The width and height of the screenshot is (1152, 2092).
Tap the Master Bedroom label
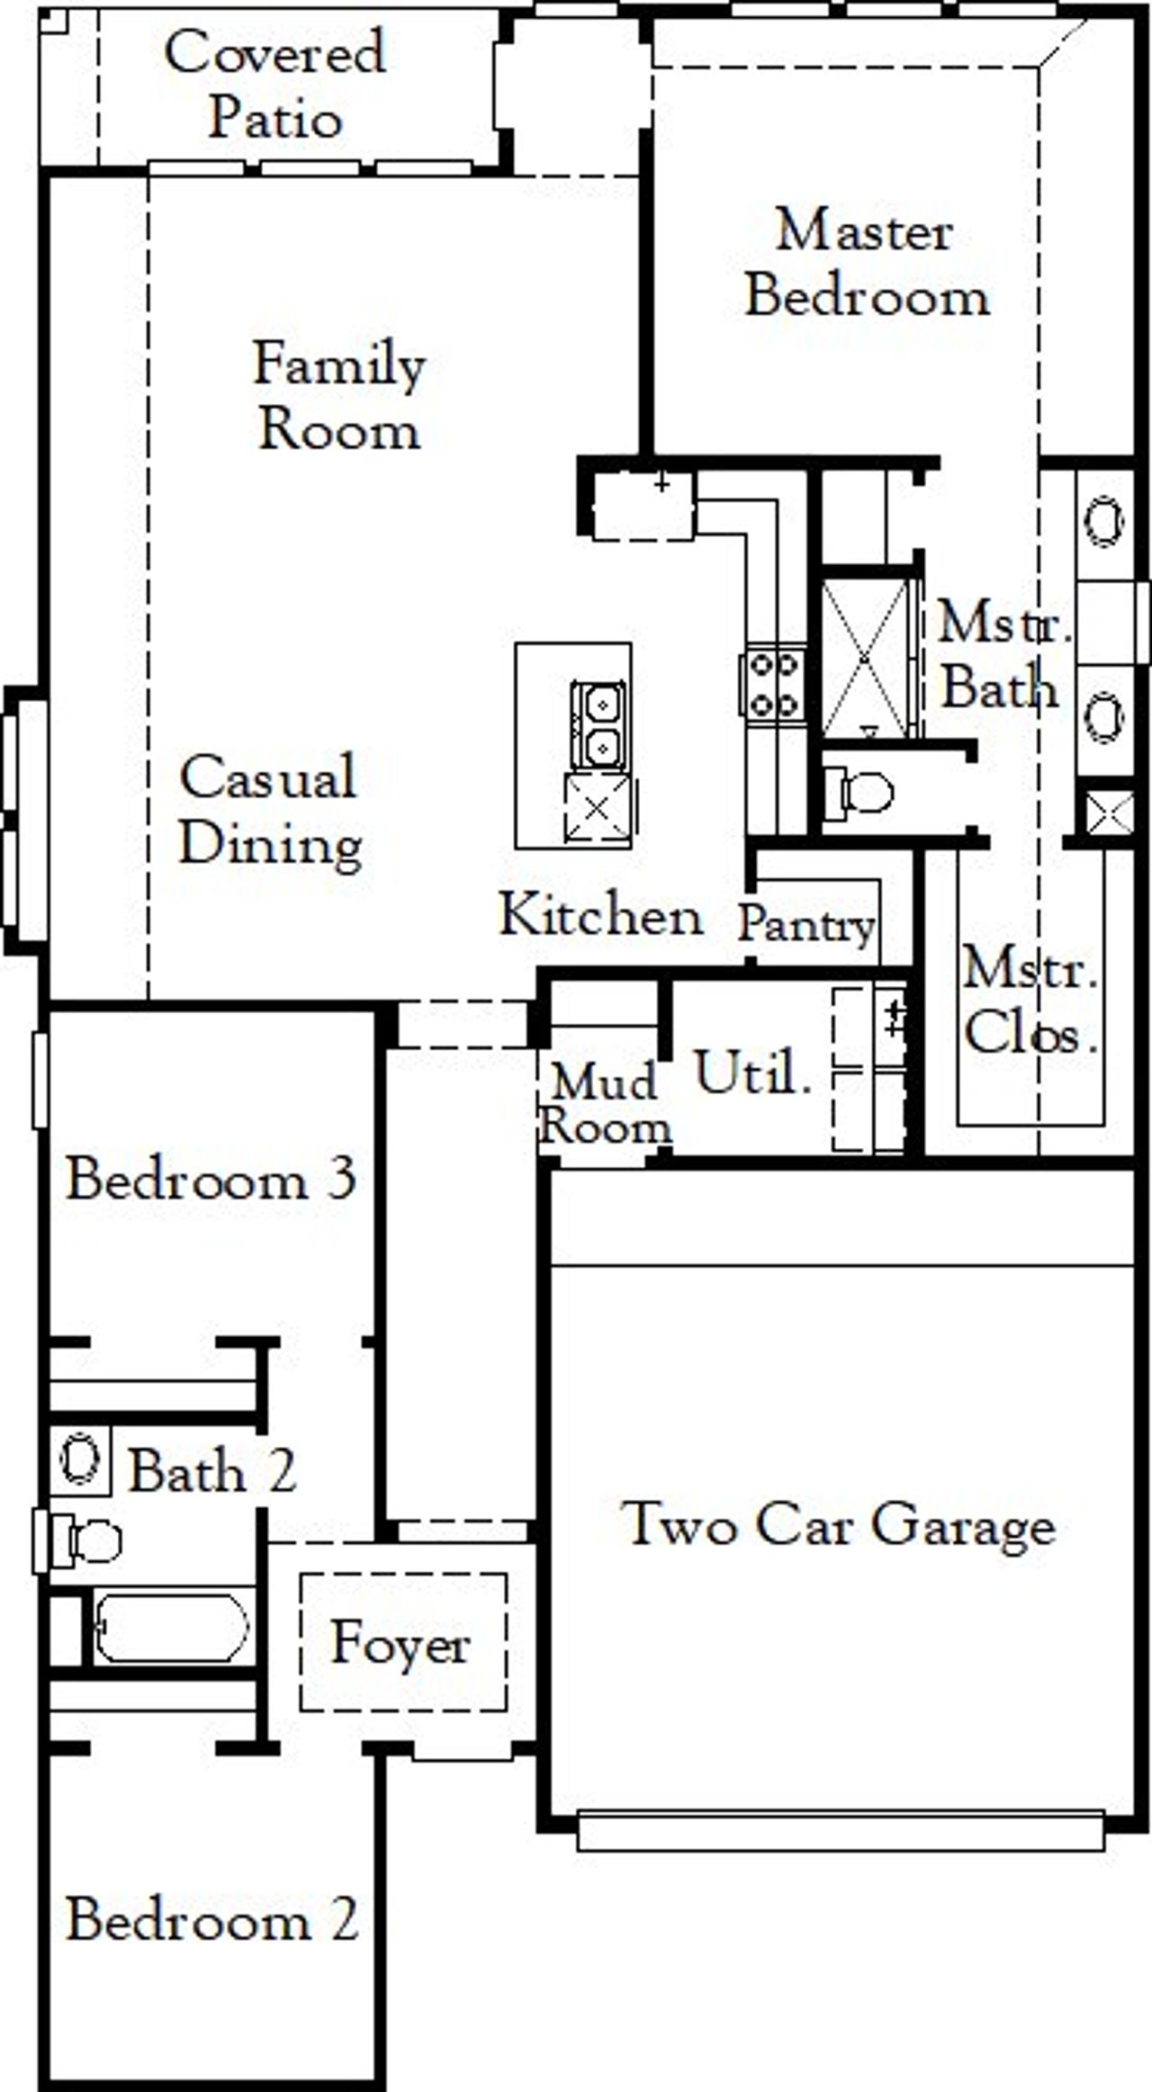tap(866, 264)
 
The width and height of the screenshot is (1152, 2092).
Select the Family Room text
tap(339, 397)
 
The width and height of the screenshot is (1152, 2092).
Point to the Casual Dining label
tap(270, 811)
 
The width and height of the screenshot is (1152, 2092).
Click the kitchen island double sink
tap(598, 724)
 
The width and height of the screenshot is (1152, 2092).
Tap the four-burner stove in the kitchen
tap(773, 685)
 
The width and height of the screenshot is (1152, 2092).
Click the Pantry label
tap(806, 924)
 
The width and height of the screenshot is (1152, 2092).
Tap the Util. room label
tap(752, 1073)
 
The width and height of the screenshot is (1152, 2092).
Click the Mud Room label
tap(605, 1104)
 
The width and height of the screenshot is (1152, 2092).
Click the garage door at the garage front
tap(840, 1829)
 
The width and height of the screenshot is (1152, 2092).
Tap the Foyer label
tap(400, 1643)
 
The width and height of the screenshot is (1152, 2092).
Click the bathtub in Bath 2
tap(171, 1628)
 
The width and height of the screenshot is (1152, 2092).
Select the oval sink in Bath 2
tap(79, 1457)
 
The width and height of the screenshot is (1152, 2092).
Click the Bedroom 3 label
tap(212, 1179)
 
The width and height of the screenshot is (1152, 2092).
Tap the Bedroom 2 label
tap(212, 1919)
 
